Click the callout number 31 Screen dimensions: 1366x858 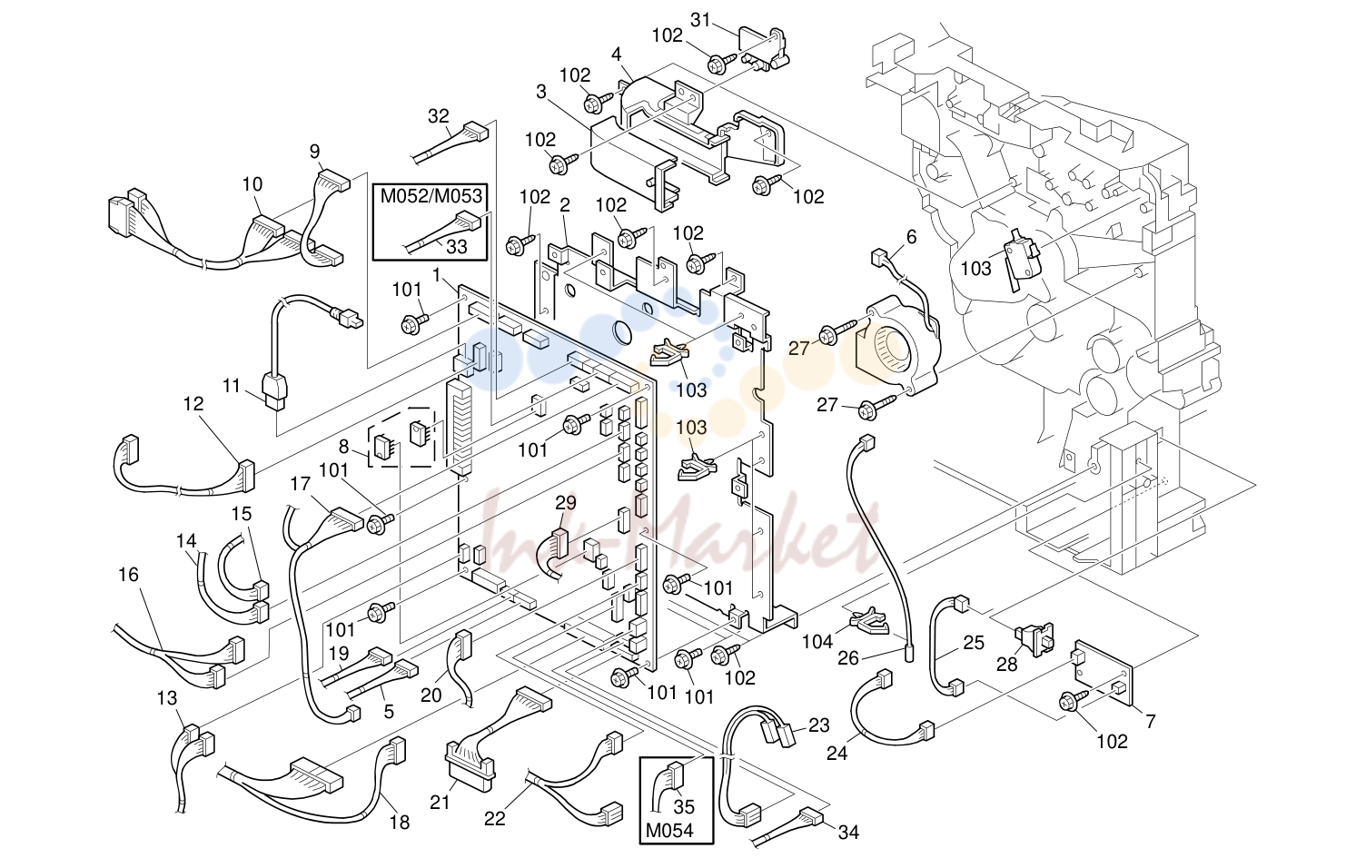pyautogui.click(x=700, y=20)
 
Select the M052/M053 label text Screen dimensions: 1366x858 pyautogui.click(x=431, y=196)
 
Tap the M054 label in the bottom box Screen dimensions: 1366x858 pyautogui.click(x=669, y=831)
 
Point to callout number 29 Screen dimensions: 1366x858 pyautogui.click(x=565, y=502)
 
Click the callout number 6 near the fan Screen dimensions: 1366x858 pyautogui.click(x=911, y=237)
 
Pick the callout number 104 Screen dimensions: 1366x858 pyautogui.click(x=817, y=642)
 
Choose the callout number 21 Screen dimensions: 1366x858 pyautogui.click(x=440, y=803)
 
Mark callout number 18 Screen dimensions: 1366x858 pyautogui.click(x=400, y=823)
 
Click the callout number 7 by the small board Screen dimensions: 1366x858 pyautogui.click(x=1150, y=722)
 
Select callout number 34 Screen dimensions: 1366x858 pyautogui.click(x=848, y=832)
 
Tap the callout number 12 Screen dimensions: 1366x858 pyautogui.click(x=193, y=404)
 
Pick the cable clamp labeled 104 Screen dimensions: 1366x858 pyautogui.click(x=870, y=621)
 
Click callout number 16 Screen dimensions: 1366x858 pyautogui.click(x=128, y=575)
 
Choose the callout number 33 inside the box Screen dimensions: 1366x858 pyautogui.click(x=457, y=246)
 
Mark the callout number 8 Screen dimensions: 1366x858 pyautogui.click(x=344, y=447)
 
